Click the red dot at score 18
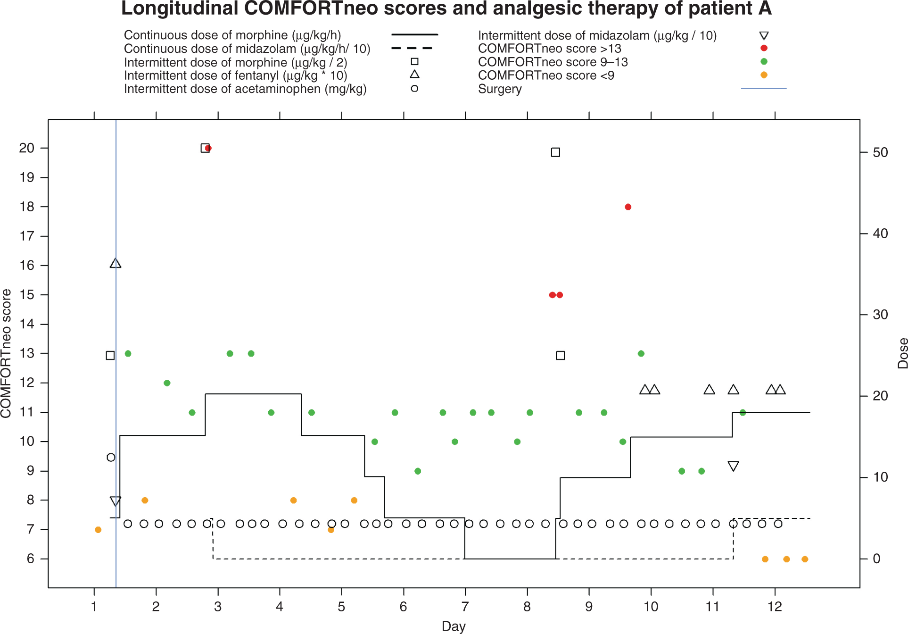[x=628, y=207]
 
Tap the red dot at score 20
[x=209, y=148]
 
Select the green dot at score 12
[x=167, y=383]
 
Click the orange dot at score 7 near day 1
[x=98, y=530]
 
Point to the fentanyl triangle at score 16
[x=116, y=264]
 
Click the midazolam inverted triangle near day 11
[x=733, y=466]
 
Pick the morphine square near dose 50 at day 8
[x=555, y=152]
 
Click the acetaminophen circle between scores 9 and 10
[x=111, y=457]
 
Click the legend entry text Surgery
[x=500, y=89]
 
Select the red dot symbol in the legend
[x=764, y=48]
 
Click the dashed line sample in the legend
[x=412, y=48]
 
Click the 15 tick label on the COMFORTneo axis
[x=27, y=295]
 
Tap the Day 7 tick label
[x=465, y=607]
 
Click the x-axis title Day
[x=454, y=626]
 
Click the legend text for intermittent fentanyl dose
[x=235, y=75]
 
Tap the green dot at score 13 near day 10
[x=641, y=354]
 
